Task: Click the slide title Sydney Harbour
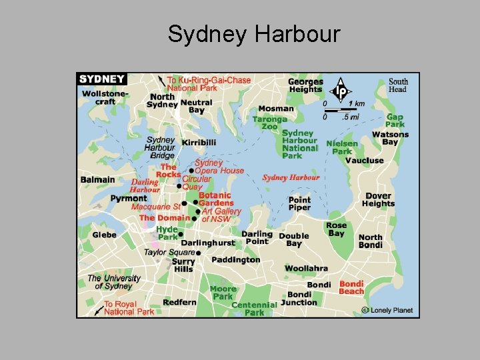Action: point(254,33)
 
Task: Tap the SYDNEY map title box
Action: point(102,79)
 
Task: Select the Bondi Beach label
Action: point(351,287)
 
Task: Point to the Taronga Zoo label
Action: point(269,123)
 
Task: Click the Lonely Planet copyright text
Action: point(387,310)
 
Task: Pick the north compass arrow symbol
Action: point(341,89)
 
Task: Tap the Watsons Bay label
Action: point(390,138)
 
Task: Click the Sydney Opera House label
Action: point(219,167)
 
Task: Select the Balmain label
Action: point(97,179)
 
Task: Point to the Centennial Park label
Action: point(254,309)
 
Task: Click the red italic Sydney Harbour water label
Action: point(291,177)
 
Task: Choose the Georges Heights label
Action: point(305,85)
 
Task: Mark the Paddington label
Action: point(236,260)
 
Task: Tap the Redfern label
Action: point(179,302)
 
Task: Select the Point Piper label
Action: point(299,203)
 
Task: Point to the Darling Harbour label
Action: point(145,185)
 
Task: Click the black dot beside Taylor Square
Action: point(199,253)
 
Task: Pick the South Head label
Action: point(398,85)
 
